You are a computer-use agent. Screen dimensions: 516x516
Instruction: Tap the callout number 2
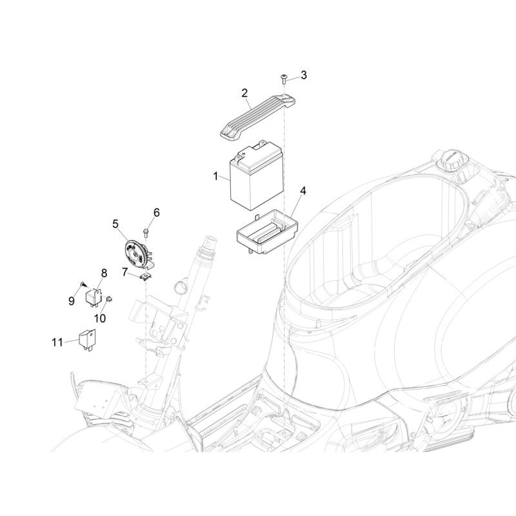point(245,94)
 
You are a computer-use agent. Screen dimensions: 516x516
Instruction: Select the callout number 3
point(304,75)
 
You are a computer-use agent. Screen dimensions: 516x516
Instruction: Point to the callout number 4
point(303,191)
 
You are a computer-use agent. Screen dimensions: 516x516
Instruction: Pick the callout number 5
point(115,224)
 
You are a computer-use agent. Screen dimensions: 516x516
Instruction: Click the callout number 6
point(155,212)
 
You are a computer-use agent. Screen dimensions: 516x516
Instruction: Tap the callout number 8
point(103,273)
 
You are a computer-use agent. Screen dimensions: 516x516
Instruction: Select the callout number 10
point(101,317)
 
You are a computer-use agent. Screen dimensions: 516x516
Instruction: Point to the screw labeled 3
point(284,79)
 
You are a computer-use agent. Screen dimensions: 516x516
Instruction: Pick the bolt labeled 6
point(148,230)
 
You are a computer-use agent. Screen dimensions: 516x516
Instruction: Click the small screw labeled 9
point(83,284)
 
